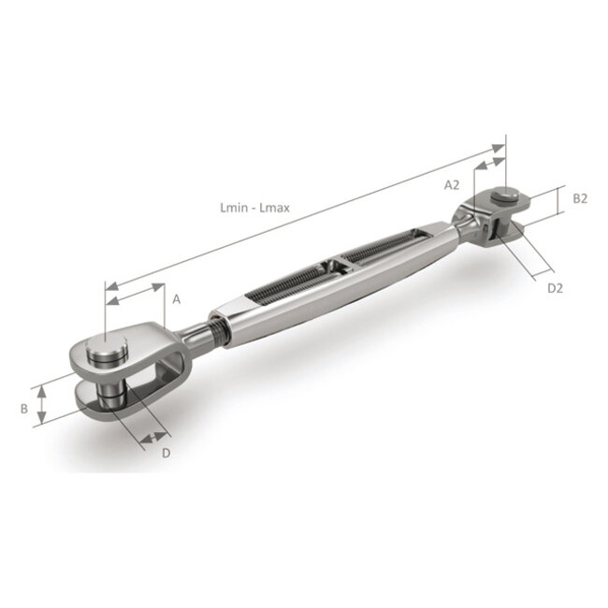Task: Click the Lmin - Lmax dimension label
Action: coord(254,208)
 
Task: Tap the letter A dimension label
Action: coord(177,299)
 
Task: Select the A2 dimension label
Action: coord(452,185)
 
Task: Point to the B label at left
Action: coord(24,409)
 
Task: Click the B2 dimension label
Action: coord(580,198)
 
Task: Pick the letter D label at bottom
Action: coord(166,453)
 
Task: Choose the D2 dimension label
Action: coord(555,288)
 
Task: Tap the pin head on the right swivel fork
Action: coord(506,195)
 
